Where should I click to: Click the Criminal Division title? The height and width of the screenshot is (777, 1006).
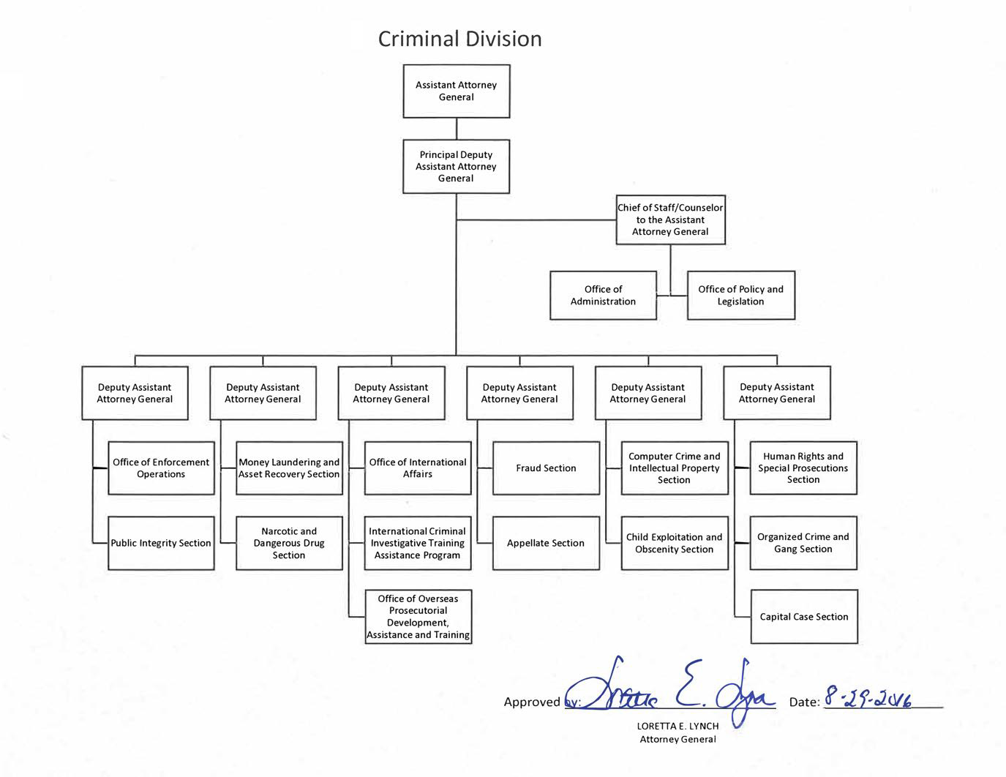click(x=459, y=39)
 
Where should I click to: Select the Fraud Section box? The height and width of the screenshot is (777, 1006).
click(x=547, y=468)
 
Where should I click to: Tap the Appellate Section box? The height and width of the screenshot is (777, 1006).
click(x=547, y=543)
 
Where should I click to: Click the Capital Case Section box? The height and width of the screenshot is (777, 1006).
click(x=804, y=617)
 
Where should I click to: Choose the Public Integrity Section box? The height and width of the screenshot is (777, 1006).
click(x=161, y=543)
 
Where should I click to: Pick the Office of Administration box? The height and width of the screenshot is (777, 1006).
click(x=603, y=296)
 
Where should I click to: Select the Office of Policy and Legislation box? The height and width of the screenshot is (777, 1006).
click(x=741, y=296)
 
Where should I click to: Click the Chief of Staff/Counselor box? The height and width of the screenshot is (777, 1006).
click(x=671, y=219)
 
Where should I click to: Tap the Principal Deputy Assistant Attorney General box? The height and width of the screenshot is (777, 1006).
click(x=457, y=167)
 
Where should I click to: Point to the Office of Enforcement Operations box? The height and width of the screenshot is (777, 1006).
click(x=161, y=468)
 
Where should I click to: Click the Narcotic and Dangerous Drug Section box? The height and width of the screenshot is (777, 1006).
click(x=289, y=543)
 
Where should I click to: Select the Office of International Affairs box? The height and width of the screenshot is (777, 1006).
click(x=418, y=468)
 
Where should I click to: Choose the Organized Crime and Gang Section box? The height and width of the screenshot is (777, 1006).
click(x=803, y=543)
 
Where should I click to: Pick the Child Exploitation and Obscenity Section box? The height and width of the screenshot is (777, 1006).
click(x=675, y=543)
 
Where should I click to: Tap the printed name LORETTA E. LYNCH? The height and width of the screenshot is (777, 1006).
click(x=677, y=726)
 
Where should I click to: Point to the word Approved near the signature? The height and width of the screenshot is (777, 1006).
click(x=532, y=702)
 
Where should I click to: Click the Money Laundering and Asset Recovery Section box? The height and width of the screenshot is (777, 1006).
click(x=289, y=468)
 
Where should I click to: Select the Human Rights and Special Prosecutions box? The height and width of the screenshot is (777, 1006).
click(x=803, y=468)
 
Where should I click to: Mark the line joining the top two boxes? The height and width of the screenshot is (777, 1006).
click(x=457, y=129)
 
